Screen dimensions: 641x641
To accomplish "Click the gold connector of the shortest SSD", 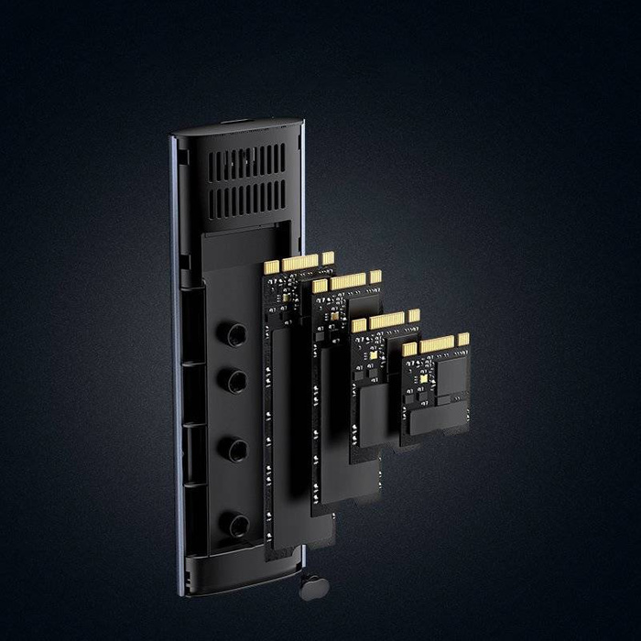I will (x=435, y=345).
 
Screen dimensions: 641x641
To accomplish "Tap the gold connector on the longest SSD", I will (x=298, y=264).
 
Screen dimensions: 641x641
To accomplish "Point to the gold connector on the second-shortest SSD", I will (x=385, y=321).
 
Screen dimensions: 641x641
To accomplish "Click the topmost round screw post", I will (x=237, y=333).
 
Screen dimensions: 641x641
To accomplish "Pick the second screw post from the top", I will (x=237, y=377).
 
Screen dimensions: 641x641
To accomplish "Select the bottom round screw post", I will (x=237, y=524).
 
